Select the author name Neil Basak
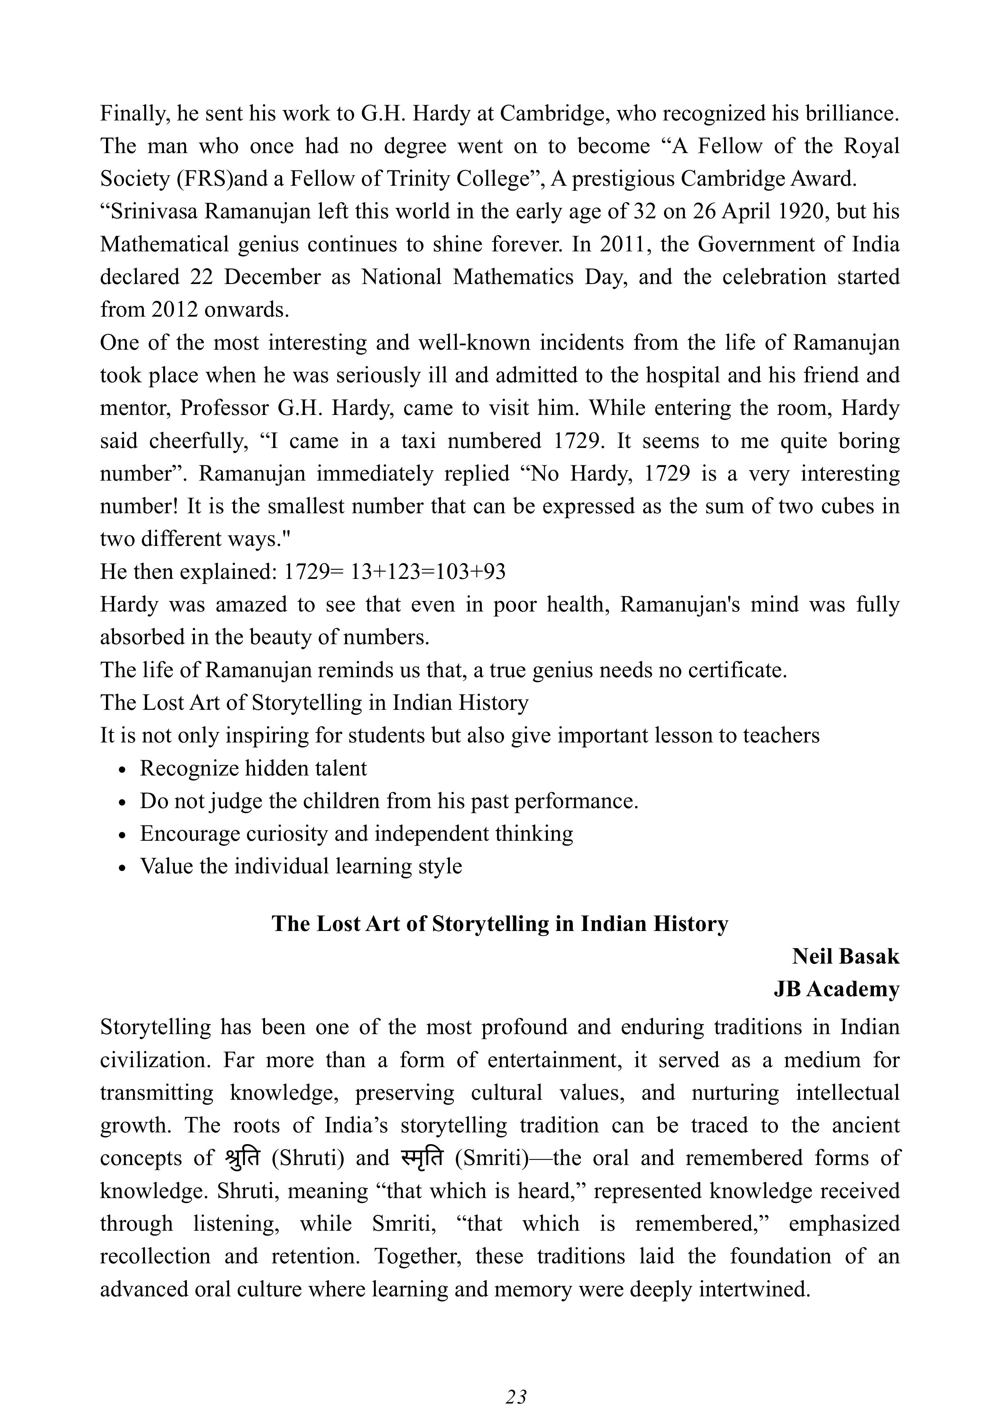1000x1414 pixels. (845, 956)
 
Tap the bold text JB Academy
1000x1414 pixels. (836, 989)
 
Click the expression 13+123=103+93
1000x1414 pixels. (428, 572)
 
